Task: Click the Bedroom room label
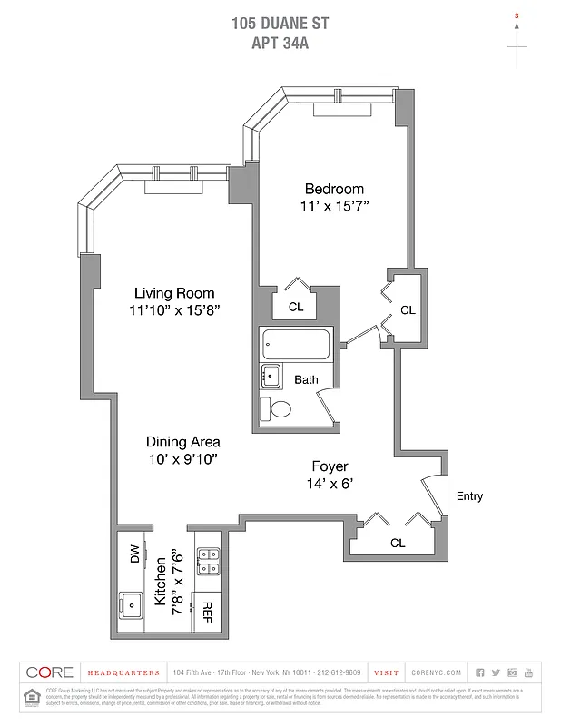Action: click(334, 189)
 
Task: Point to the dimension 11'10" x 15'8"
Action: click(174, 309)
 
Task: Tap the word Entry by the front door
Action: click(469, 496)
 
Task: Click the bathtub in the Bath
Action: click(296, 344)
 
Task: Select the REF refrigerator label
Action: click(207, 613)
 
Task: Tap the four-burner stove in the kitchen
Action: click(208, 561)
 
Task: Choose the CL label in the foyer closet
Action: click(397, 543)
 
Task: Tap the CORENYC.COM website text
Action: click(437, 672)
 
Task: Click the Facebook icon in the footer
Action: click(481, 672)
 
